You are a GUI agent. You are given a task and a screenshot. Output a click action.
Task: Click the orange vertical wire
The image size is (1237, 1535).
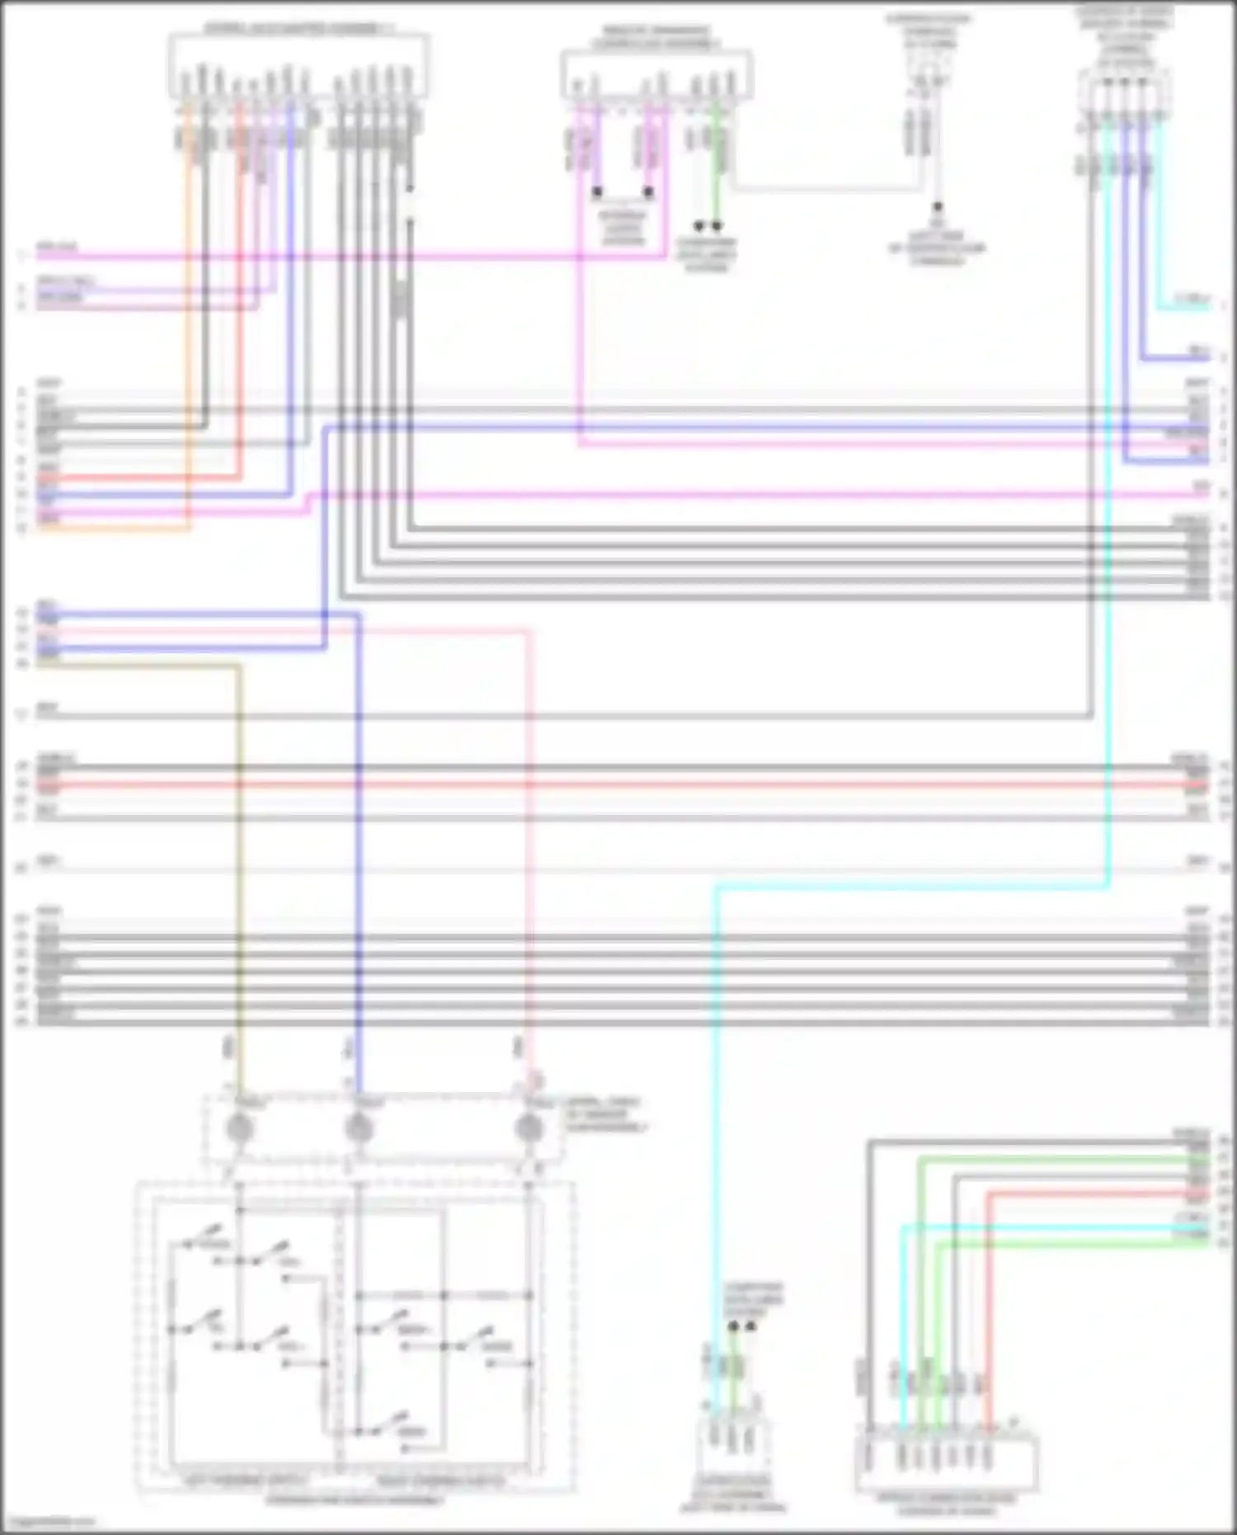click(189, 330)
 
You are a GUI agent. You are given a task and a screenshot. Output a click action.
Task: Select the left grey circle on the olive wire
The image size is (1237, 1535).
click(239, 1127)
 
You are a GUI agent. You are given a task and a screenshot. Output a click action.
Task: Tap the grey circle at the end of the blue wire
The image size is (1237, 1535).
click(358, 1127)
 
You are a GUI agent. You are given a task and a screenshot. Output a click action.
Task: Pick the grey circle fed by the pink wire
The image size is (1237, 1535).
click(529, 1127)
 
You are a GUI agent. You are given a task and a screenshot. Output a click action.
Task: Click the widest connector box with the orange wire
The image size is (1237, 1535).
click(299, 66)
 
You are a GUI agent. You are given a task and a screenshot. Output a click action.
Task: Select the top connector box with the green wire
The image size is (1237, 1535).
click(656, 74)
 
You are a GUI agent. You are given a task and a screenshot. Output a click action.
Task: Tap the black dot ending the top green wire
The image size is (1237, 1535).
click(717, 225)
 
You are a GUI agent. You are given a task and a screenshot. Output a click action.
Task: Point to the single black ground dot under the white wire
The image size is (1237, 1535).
click(937, 207)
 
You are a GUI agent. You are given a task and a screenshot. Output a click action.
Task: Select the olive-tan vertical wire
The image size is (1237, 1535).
click(240, 866)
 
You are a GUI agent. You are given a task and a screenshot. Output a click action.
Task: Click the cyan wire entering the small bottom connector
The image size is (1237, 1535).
click(716, 1155)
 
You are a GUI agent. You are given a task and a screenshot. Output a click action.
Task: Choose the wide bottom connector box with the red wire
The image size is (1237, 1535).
click(947, 1461)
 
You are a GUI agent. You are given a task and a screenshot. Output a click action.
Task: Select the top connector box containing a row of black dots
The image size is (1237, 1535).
click(1122, 91)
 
